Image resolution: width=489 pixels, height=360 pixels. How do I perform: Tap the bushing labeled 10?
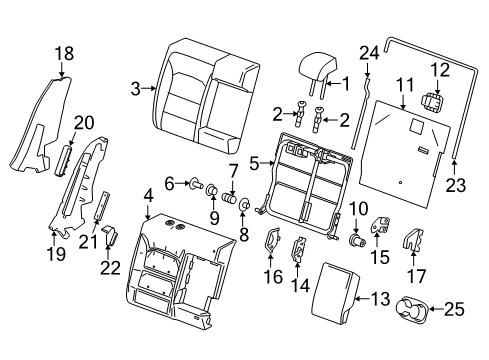(355, 241)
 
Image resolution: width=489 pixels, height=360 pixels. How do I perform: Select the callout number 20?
(85, 122)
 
